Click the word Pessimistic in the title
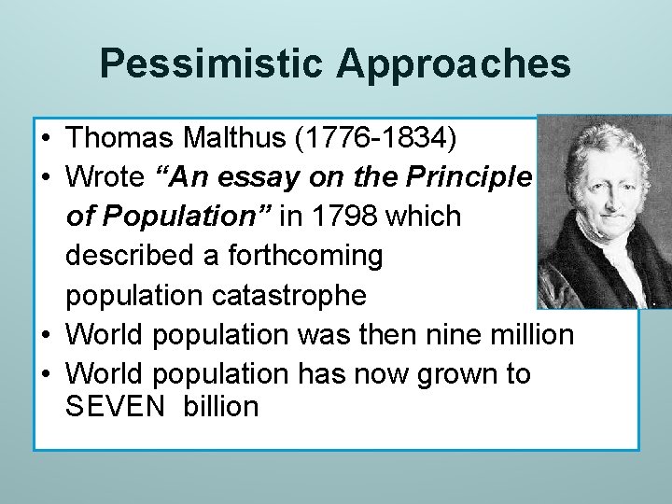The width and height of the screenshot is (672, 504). click(x=212, y=64)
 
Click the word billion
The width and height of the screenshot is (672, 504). click(x=220, y=406)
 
